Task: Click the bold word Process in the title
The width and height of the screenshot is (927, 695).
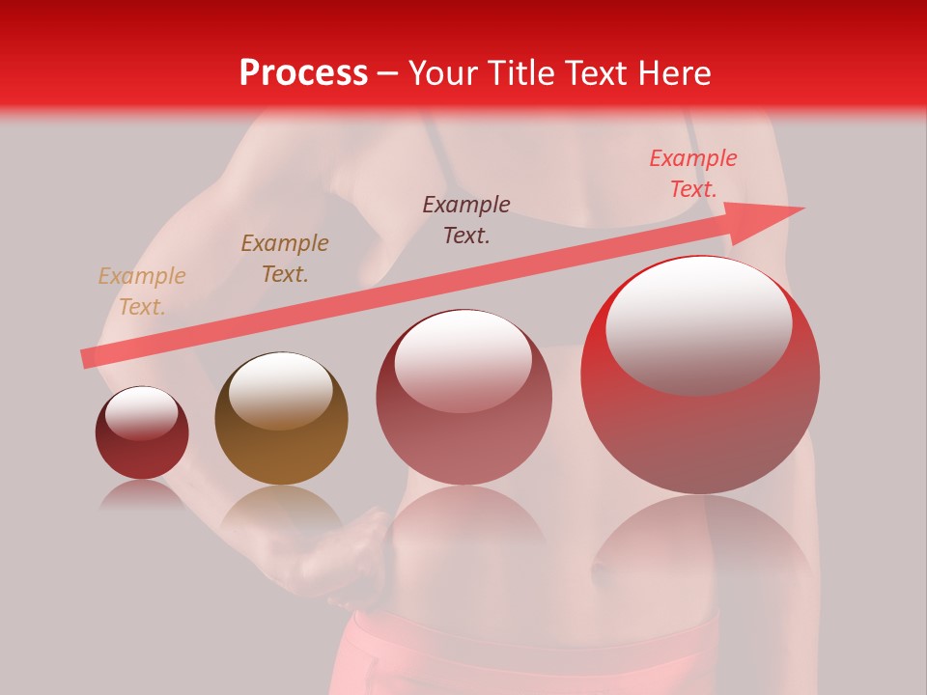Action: pos(303,73)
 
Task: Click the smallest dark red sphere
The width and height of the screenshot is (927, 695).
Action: pos(142,433)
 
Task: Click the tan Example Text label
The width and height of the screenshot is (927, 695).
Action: pos(142,292)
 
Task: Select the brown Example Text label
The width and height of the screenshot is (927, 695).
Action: pos(285,259)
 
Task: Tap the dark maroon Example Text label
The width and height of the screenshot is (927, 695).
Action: pos(466,219)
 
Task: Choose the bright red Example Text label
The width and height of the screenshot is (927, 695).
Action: pos(693,174)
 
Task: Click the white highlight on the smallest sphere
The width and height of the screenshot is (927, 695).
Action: pos(142,412)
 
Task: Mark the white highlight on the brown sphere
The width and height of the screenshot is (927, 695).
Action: pos(280,389)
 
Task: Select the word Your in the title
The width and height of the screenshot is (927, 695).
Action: pos(439,73)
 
